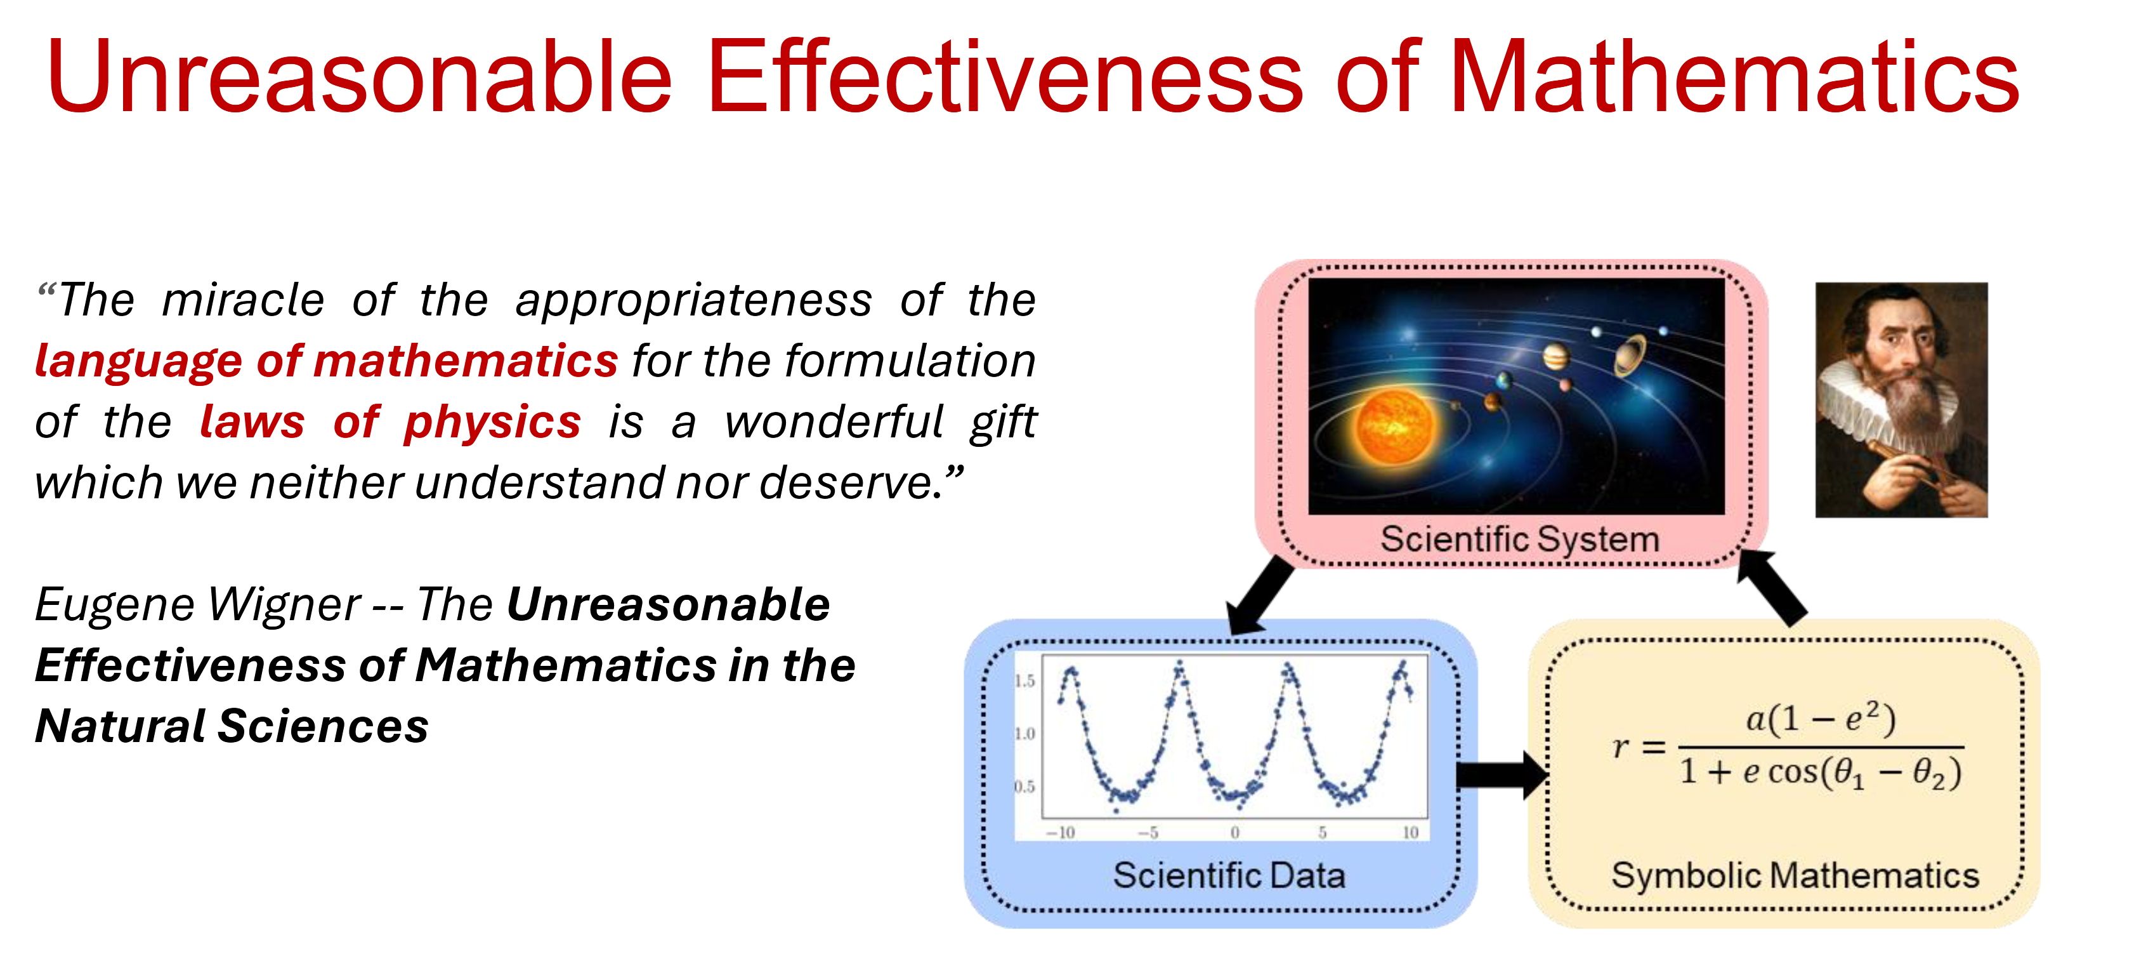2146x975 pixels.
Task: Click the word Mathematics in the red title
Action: pos(1733,77)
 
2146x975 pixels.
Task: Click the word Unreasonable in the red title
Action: pos(358,77)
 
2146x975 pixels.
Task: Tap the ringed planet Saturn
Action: pos(1628,354)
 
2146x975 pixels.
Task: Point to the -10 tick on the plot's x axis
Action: pos(1061,833)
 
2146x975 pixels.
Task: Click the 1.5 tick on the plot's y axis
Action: pos(1024,681)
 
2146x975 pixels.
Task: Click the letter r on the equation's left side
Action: pos(1620,746)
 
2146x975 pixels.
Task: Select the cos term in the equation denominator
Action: pos(1792,773)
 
